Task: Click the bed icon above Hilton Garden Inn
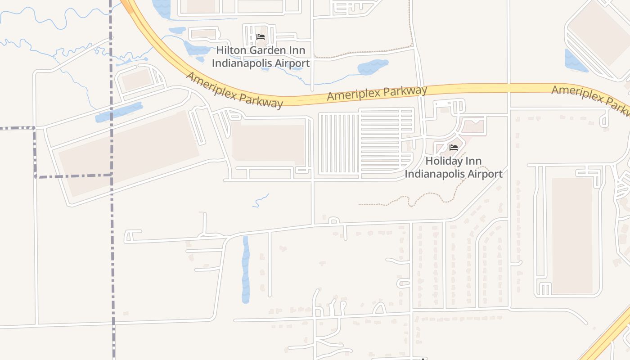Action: (260, 37)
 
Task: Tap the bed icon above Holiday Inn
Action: (454, 148)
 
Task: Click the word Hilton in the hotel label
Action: (232, 51)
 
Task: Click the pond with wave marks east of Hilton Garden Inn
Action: (373, 67)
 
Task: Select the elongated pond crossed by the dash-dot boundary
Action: (119, 112)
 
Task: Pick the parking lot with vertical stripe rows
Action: (339, 144)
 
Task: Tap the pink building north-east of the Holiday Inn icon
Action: (473, 126)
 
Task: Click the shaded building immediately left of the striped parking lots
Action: (268, 143)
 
